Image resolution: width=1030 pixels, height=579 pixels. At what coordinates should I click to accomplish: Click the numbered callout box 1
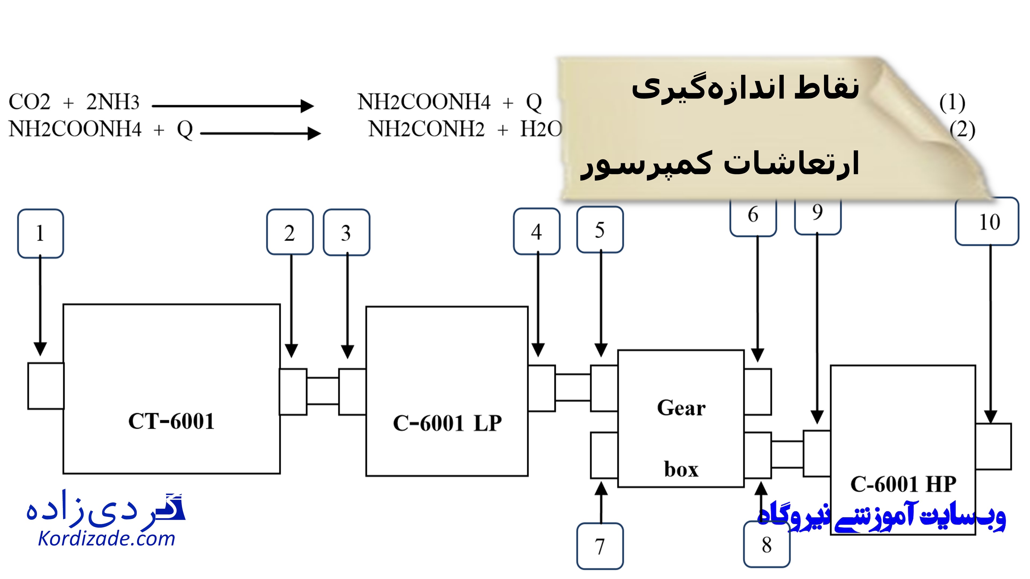click(x=41, y=233)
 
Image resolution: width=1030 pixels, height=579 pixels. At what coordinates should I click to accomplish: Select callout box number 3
click(x=346, y=232)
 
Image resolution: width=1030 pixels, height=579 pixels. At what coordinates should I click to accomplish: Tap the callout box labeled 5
click(x=600, y=230)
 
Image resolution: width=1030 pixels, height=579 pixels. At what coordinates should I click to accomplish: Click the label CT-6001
click(x=171, y=421)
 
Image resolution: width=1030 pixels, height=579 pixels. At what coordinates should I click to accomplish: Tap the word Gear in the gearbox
click(x=681, y=408)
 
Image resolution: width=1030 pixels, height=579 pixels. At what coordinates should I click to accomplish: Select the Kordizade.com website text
click(x=106, y=539)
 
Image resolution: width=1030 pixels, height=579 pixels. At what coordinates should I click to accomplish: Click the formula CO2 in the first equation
click(x=30, y=102)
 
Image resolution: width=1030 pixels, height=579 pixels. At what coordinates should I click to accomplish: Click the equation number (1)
click(x=952, y=103)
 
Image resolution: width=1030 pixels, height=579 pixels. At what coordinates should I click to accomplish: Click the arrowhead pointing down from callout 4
click(x=538, y=349)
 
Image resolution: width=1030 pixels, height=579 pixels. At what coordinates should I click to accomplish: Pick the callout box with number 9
click(x=818, y=214)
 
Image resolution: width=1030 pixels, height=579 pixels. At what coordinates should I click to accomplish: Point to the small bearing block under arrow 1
click(x=46, y=386)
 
